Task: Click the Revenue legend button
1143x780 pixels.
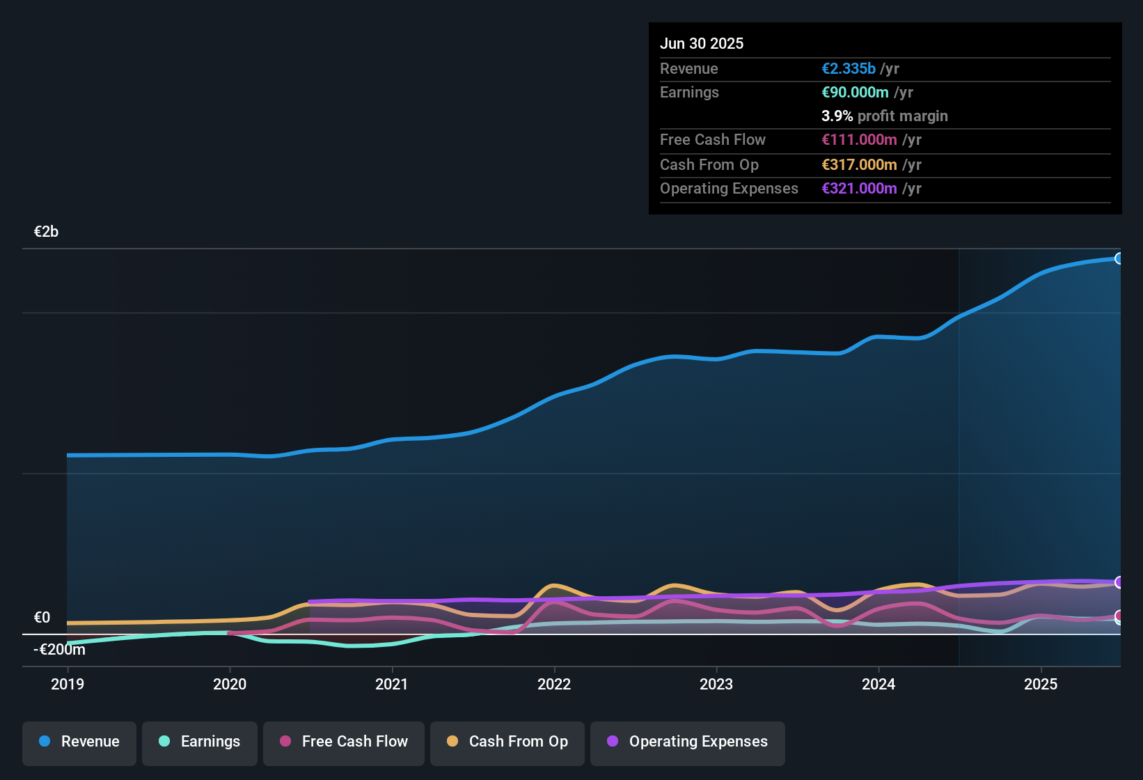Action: tap(79, 742)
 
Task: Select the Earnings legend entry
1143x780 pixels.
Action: tap(200, 742)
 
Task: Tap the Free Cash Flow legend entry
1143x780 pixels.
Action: tap(344, 742)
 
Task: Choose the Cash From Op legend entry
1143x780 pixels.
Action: tap(507, 742)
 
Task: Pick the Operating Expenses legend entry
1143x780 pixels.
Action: tap(688, 742)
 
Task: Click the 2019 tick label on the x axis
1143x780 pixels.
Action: tap(68, 684)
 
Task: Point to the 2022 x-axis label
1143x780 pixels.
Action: tap(554, 684)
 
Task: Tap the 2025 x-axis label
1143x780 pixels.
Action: tap(1041, 684)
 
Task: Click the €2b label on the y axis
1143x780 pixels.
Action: tap(47, 232)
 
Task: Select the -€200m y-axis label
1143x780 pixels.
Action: tap(60, 650)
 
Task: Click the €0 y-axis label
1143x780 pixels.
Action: tap(42, 618)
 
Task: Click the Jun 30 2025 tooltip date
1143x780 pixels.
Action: tap(702, 44)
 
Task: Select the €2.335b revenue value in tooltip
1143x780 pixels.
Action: tap(849, 69)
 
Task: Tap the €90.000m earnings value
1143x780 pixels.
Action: tap(855, 93)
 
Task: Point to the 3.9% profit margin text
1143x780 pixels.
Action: tap(884, 116)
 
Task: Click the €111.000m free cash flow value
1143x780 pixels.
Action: tap(859, 140)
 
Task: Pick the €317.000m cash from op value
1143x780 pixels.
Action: tap(859, 165)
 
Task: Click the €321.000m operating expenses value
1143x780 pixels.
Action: tap(859, 189)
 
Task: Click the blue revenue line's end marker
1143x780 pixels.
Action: tap(1119, 259)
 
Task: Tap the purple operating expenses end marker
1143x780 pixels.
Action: tap(1119, 582)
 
